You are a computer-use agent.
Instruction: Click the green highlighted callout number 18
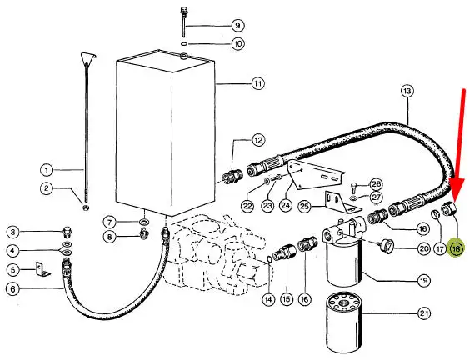[457, 248]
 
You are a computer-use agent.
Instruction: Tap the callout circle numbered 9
[237, 26]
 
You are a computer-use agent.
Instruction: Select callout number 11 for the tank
[258, 83]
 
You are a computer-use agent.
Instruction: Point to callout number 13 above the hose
[407, 91]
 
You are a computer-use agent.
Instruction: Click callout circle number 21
[424, 313]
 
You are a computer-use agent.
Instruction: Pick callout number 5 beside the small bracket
[12, 270]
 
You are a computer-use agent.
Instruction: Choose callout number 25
[305, 207]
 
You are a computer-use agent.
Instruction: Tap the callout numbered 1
[47, 170]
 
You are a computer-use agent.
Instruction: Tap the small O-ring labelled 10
[184, 44]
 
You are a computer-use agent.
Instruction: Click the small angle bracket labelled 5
[42, 269]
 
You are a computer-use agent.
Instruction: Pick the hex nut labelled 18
[449, 207]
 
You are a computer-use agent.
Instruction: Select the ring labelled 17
[435, 214]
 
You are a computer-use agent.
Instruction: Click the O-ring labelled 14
[268, 259]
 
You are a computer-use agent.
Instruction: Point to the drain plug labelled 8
[144, 232]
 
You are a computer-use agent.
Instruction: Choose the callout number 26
[376, 183]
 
